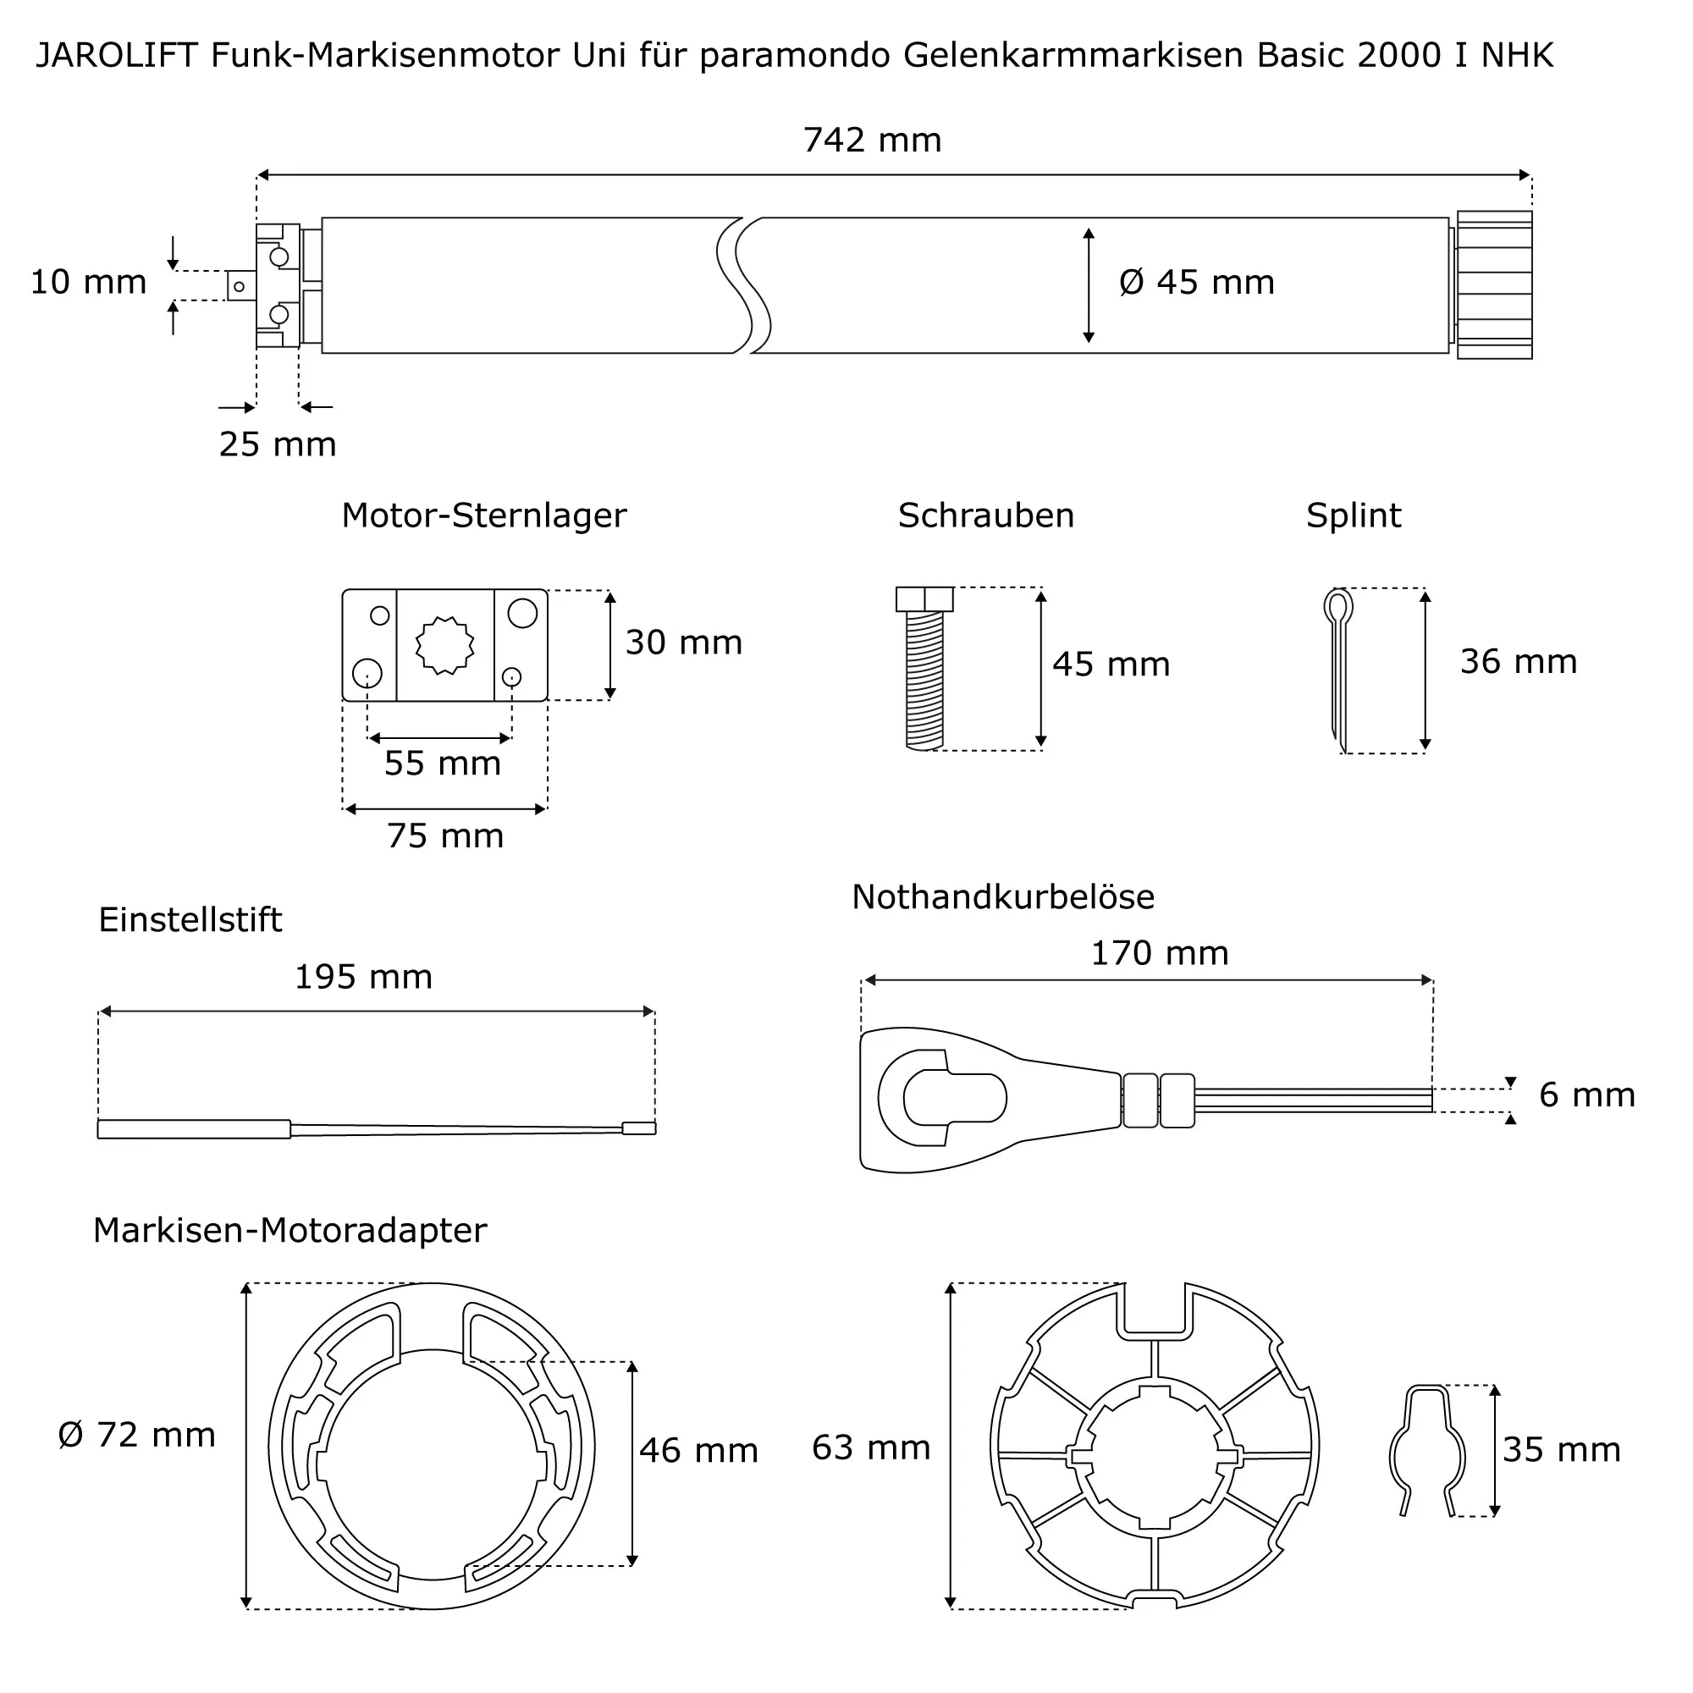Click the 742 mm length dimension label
[x=872, y=141]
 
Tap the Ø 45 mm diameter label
[x=1196, y=282]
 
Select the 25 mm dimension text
[x=277, y=444]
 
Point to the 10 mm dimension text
[x=88, y=282]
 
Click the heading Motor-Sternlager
[x=483, y=516]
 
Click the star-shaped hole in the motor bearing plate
[x=444, y=645]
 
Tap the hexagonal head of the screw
[x=924, y=599]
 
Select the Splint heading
[x=1353, y=516]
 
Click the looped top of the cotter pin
[x=1338, y=604]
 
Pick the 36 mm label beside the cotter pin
[x=1518, y=662]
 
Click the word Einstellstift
[x=190, y=920]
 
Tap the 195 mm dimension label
[x=363, y=977]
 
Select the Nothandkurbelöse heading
[x=1002, y=897]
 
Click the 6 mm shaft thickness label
[x=1586, y=1095]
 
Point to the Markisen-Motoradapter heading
[x=290, y=1230]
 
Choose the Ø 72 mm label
[x=136, y=1435]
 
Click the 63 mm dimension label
[x=870, y=1448]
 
